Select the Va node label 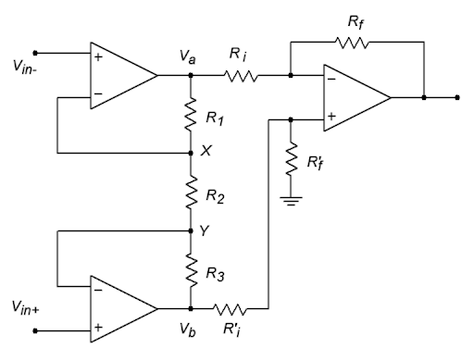coord(188,58)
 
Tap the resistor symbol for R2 coord(190,196)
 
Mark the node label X coord(205,152)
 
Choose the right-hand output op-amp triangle coord(354,96)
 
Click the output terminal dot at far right coord(456,96)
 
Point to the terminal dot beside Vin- coord(36,53)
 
